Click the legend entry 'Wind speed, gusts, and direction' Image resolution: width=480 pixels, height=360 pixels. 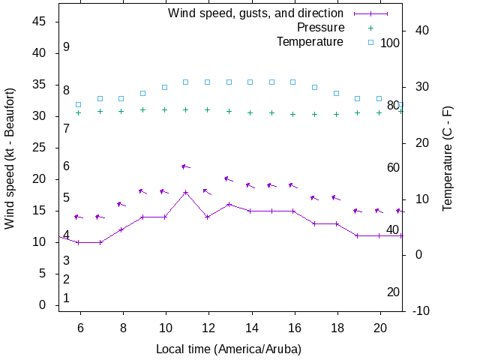coord(255,13)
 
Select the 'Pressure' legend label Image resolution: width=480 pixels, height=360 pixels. coord(321,28)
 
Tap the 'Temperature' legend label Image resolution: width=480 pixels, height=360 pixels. coord(310,42)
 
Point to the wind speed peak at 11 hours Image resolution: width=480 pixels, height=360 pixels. coord(186,192)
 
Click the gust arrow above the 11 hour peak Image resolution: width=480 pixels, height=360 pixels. coord(185,166)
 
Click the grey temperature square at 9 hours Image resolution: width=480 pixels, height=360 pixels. coord(142,93)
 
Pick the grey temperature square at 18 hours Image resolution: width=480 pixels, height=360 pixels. coord(337,93)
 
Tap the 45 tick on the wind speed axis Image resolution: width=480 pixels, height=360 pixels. coord(40,22)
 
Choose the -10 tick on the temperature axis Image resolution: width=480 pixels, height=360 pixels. coord(421,310)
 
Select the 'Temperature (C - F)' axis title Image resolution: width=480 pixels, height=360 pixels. coord(448,157)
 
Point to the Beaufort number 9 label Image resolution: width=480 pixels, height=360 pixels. coord(66,46)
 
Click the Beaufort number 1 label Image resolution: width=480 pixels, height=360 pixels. coord(66,298)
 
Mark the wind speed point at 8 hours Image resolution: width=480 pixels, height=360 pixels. coord(121,229)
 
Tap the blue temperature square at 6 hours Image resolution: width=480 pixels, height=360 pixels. coord(78,105)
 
